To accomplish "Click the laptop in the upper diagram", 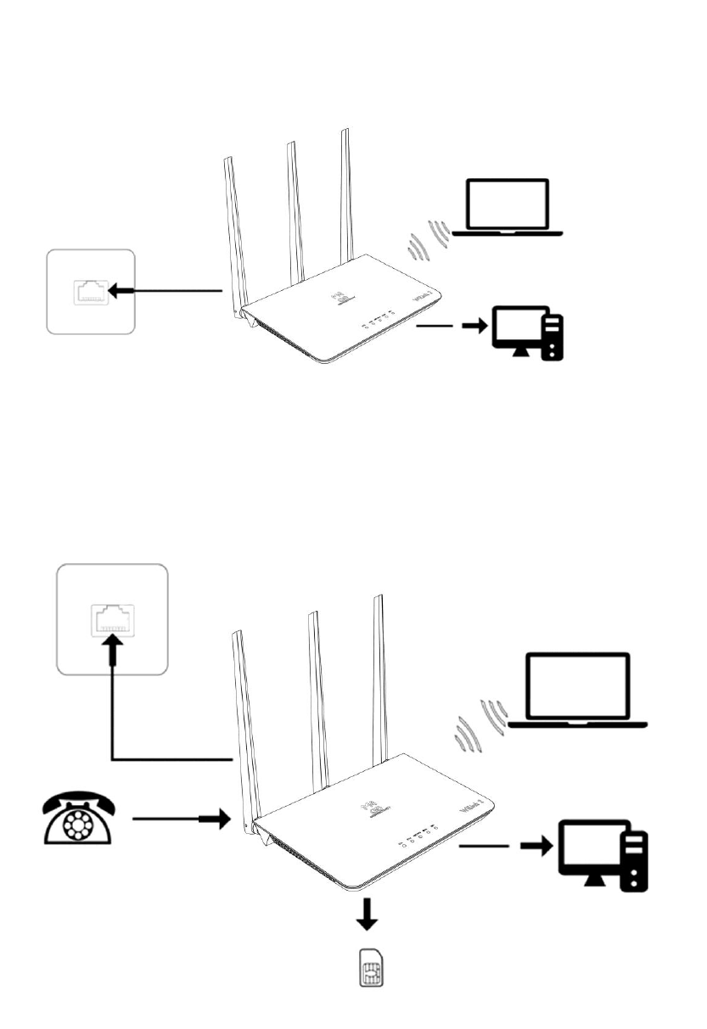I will [x=508, y=207].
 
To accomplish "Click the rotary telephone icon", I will [x=77, y=819].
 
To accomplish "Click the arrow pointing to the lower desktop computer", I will [x=536, y=847].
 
